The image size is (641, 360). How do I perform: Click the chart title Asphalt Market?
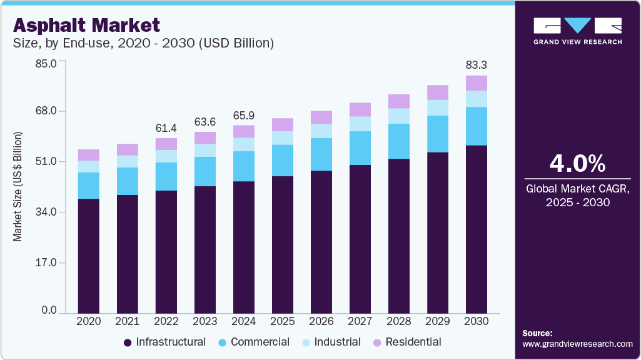tap(87, 24)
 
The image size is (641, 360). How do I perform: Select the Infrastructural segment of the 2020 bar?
tap(88, 255)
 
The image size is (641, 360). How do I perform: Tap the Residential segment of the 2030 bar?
tap(477, 83)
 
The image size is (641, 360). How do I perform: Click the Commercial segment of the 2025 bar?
tap(283, 161)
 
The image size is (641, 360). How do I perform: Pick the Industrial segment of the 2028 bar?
tap(399, 116)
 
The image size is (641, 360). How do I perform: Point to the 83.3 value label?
tap(477, 64)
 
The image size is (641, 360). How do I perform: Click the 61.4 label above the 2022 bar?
tap(166, 127)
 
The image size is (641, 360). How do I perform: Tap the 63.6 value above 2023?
tap(205, 121)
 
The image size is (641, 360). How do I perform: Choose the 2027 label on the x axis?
tap(360, 321)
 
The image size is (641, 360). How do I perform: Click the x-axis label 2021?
tap(127, 321)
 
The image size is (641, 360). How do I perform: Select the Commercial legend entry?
tap(260, 342)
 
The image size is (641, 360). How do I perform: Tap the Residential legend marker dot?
tap(377, 342)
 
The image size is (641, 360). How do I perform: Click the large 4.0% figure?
tap(577, 164)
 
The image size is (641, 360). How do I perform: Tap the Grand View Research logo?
tap(577, 31)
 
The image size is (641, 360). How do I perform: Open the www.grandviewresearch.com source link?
tap(577, 344)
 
